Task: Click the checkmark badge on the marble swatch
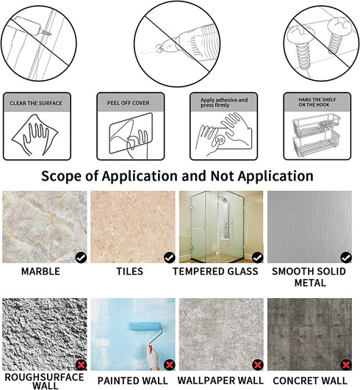[x=81, y=258]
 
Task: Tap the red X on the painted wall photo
[x=170, y=365]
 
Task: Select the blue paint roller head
[x=146, y=327]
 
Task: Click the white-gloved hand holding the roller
[x=152, y=358]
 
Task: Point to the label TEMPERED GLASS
[x=215, y=271]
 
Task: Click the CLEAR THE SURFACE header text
[x=36, y=103]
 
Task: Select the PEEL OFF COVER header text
[x=128, y=103]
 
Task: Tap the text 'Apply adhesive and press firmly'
[x=224, y=103]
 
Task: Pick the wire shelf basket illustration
[x=316, y=135]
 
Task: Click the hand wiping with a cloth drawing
[x=35, y=135]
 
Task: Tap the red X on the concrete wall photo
[x=346, y=365]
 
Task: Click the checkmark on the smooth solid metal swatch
[x=346, y=258]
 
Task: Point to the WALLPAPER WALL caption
[x=220, y=380]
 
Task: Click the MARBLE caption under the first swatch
[x=40, y=271]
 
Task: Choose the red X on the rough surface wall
[x=81, y=365]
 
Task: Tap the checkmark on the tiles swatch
[x=170, y=258]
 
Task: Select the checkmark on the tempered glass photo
[x=257, y=258]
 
